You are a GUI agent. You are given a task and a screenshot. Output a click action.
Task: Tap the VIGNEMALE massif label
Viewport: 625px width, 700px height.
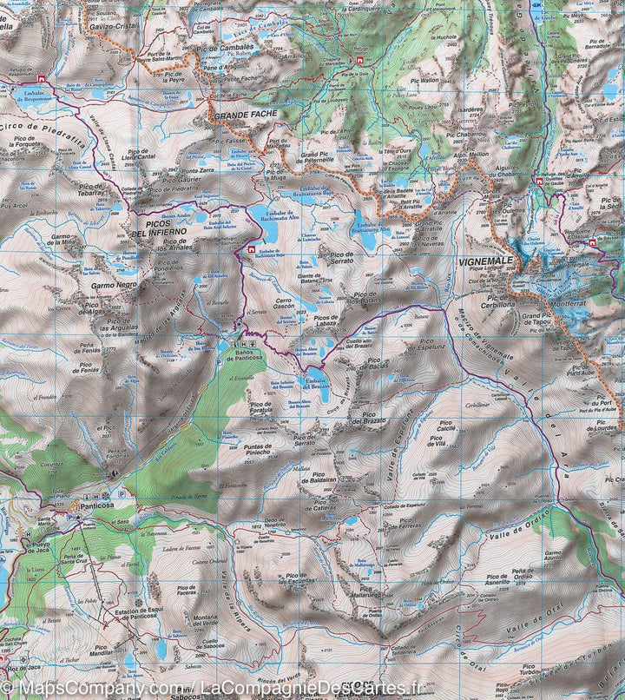(484, 261)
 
